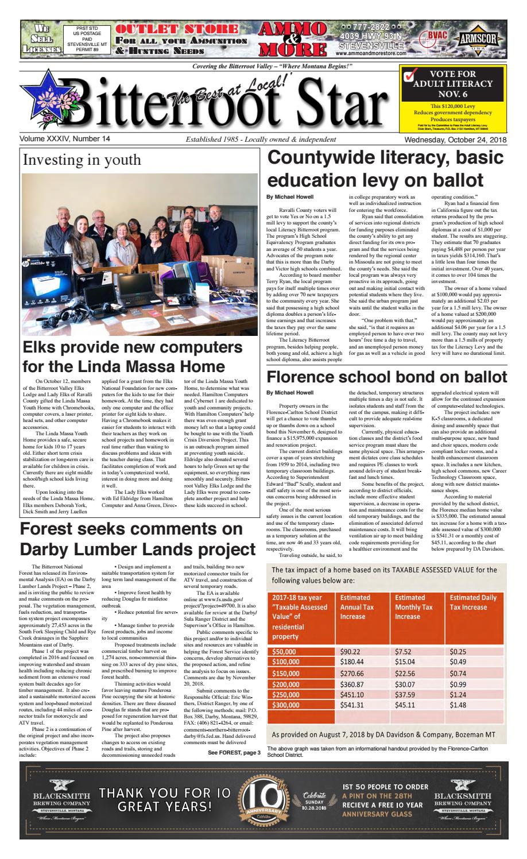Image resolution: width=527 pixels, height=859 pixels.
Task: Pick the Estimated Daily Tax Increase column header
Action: (474, 602)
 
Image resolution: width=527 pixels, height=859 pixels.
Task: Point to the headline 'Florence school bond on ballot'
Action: (387, 377)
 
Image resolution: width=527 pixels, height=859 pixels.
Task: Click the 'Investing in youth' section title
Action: (81, 160)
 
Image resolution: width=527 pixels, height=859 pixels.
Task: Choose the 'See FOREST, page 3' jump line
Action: (234, 752)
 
